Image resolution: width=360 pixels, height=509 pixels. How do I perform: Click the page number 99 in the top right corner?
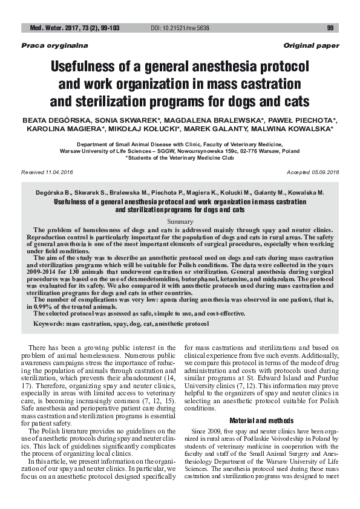pyautogui.click(x=330, y=28)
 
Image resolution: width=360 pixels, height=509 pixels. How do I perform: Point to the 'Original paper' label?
pyautogui.click(x=311, y=46)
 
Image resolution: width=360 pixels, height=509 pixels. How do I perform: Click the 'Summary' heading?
pyautogui.click(x=180, y=222)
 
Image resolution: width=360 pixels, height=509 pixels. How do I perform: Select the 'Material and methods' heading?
pyautogui.click(x=261, y=420)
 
